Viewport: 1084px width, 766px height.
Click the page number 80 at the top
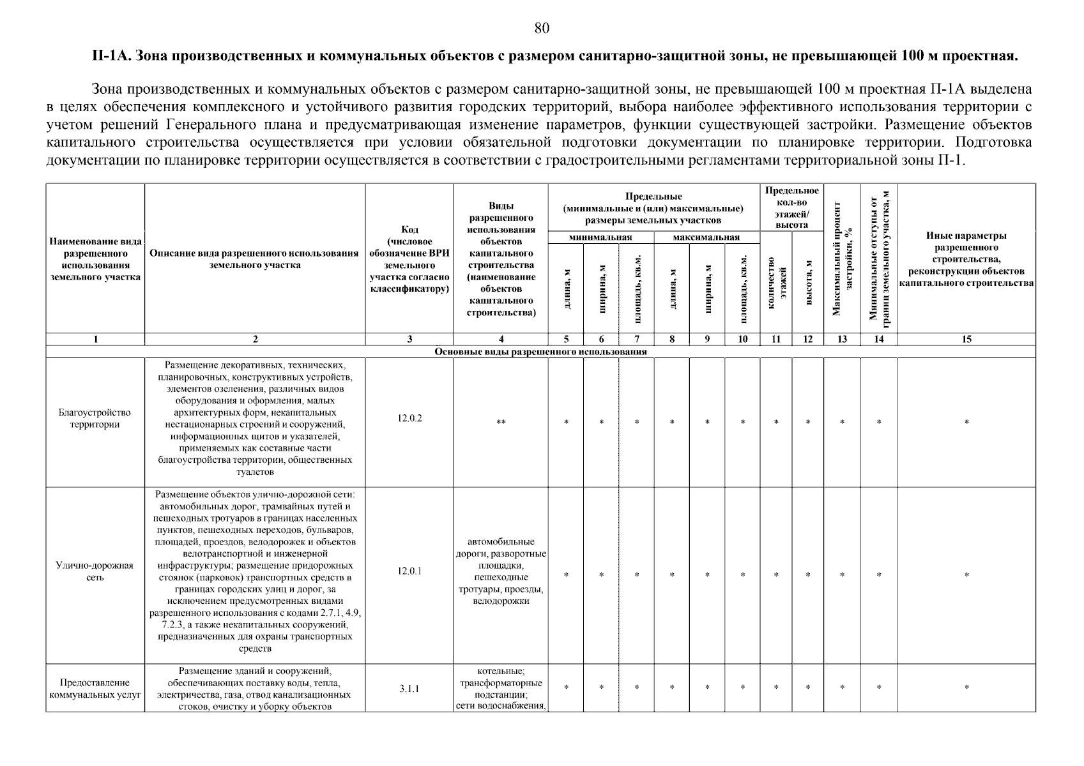click(541, 28)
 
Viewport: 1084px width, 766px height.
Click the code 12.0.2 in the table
click(409, 419)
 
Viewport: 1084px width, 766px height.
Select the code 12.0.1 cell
click(409, 571)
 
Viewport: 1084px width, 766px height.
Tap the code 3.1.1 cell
click(409, 689)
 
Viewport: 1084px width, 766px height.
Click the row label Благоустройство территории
click(95, 419)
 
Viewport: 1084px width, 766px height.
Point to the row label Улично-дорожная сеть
click(95, 571)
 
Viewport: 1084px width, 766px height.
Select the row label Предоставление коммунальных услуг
click(95, 689)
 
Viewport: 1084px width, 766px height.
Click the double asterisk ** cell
click(501, 423)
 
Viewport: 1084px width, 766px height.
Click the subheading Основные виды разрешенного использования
click(540, 352)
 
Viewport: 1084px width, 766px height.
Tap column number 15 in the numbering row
click(966, 340)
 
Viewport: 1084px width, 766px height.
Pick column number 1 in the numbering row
click(95, 340)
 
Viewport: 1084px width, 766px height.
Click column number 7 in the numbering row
click(636, 340)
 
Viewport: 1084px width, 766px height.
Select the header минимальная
click(600, 237)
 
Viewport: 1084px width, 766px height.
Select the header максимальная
click(706, 237)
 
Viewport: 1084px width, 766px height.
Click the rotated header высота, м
click(809, 282)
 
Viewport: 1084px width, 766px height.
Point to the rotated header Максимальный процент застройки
click(842, 259)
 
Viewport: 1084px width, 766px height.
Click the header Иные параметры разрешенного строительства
click(966, 259)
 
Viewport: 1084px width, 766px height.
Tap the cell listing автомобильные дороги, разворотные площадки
click(501, 571)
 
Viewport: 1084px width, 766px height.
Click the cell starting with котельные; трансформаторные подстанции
click(501, 689)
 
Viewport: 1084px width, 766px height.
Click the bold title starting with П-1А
click(554, 56)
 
